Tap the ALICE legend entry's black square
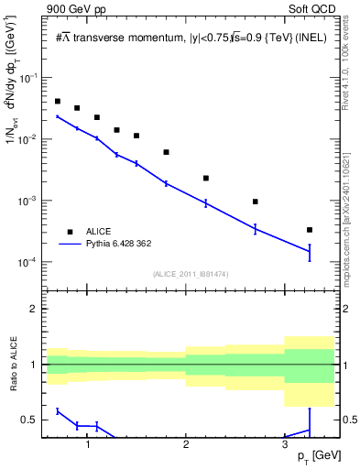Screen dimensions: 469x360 [69, 232]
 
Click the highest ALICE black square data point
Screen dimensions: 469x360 [57, 102]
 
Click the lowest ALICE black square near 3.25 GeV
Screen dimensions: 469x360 [310, 230]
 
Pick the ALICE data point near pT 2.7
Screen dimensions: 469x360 [256, 202]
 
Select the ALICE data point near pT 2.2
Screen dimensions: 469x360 [206, 178]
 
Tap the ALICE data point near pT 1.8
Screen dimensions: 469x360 [166, 152]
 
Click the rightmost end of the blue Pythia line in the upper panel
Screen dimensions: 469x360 [310, 252]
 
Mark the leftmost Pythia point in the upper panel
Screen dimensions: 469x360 [57, 116]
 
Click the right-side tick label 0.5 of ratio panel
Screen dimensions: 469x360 [349, 420]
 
